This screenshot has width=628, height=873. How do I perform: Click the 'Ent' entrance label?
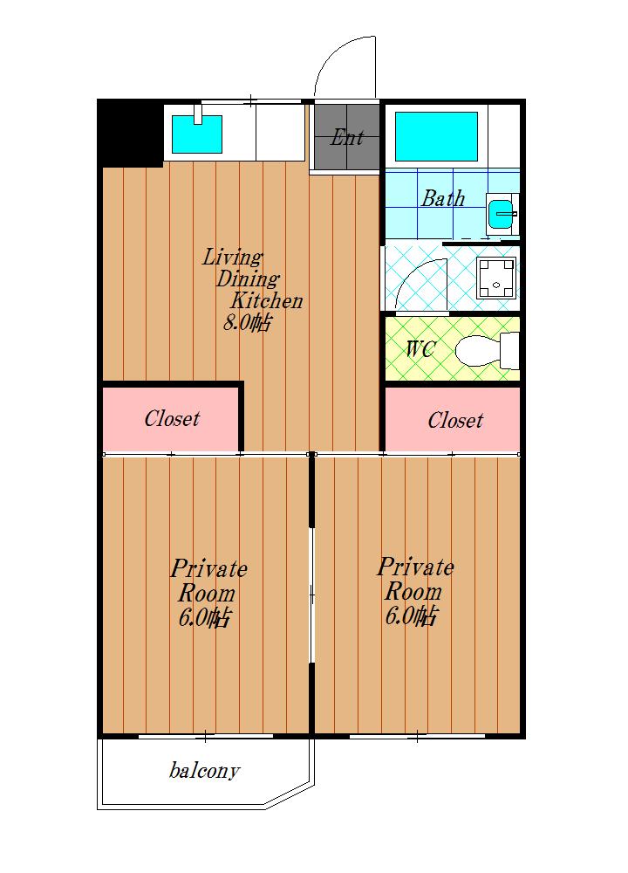[347, 138]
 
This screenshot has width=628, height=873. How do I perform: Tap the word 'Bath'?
[443, 198]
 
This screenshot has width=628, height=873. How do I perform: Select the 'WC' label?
[420, 349]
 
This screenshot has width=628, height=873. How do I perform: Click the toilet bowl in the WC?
[478, 351]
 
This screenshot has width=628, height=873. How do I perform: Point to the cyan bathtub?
[436, 136]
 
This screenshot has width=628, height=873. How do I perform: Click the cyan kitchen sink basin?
[197, 134]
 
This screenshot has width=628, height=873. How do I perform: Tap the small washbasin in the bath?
[502, 214]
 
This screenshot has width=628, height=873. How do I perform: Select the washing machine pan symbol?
[496, 279]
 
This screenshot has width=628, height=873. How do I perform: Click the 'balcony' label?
[204, 771]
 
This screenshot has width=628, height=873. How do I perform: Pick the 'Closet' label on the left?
[172, 418]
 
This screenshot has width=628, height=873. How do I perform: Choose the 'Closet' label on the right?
[455, 420]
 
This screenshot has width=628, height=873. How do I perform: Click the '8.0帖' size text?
[248, 322]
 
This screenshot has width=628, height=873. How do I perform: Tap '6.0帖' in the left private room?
[205, 617]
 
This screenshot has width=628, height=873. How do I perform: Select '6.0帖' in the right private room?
[412, 615]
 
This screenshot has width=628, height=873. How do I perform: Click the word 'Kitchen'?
[266, 300]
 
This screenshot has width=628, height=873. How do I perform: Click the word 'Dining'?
[248, 279]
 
